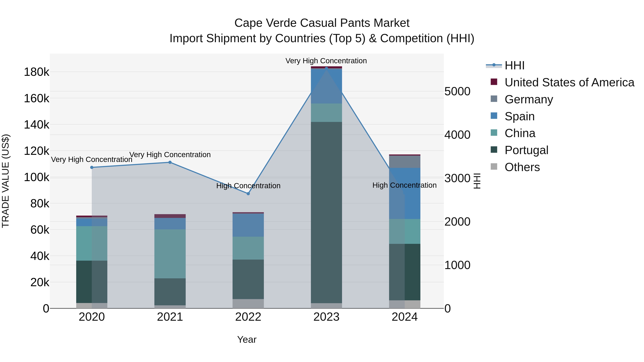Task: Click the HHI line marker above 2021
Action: click(x=170, y=162)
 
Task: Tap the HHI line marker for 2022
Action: click(x=248, y=194)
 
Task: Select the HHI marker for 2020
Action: click(x=92, y=167)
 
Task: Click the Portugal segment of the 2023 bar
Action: click(x=326, y=212)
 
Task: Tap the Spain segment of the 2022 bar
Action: click(x=248, y=225)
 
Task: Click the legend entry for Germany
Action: click(x=529, y=99)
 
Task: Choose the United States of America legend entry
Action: click(x=569, y=82)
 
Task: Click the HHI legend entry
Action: click(x=514, y=65)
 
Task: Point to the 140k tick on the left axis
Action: click(x=36, y=125)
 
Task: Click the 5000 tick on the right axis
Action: click(x=457, y=91)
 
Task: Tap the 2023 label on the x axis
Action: click(x=326, y=317)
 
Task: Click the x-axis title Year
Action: click(x=247, y=339)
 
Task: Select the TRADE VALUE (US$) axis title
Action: click(x=6, y=181)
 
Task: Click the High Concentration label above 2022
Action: click(x=248, y=186)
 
